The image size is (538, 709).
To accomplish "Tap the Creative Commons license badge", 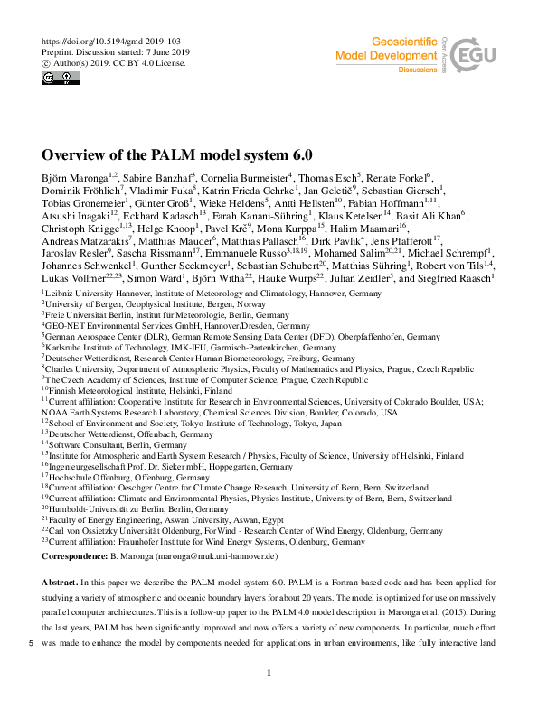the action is point(53,78).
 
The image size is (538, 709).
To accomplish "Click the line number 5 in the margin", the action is point(32,643).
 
